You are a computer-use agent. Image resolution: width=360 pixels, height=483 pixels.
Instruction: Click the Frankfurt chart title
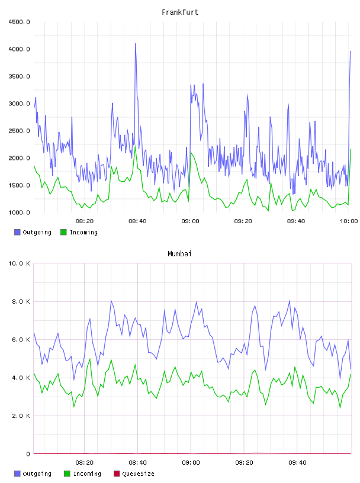point(180,12)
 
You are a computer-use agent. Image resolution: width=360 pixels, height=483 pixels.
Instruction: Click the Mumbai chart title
point(179,254)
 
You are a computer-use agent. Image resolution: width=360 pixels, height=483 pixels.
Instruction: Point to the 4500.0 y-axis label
point(19,22)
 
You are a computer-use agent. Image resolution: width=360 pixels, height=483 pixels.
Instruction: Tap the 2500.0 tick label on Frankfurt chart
point(19,131)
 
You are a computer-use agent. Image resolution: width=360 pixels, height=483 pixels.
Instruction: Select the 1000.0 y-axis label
point(19,212)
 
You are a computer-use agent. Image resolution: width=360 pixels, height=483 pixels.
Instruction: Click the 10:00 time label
point(349,221)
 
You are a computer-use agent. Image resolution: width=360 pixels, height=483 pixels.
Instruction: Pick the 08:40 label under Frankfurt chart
point(137,221)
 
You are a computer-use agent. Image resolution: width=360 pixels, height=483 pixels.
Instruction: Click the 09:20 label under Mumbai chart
point(244,463)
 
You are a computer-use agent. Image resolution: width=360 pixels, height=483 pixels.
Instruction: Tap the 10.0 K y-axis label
point(19,263)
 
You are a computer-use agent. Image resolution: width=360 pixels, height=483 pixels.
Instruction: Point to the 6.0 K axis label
point(21,340)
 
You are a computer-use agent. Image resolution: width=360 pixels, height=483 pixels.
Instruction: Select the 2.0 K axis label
point(21,416)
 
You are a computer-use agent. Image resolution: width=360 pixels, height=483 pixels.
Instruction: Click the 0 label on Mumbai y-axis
point(28,454)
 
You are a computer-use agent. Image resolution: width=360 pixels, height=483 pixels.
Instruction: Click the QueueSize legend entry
point(134,474)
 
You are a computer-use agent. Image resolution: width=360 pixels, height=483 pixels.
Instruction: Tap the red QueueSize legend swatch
point(117,474)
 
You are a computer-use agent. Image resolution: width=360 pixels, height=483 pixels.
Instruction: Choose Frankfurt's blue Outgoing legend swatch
point(17,232)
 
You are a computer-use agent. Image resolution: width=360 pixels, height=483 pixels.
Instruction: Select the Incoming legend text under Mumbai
point(87,474)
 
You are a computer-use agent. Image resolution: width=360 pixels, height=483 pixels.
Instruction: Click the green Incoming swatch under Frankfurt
point(63,232)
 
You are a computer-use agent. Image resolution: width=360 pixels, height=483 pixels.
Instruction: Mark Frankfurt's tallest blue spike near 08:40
point(136,44)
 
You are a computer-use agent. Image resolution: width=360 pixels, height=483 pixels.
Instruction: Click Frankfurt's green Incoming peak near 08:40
point(135,146)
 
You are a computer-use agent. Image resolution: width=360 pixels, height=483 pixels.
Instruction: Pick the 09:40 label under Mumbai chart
point(297,463)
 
